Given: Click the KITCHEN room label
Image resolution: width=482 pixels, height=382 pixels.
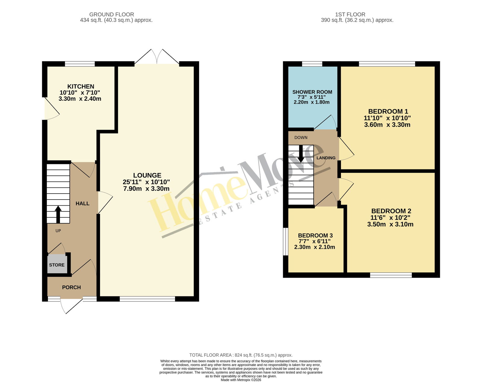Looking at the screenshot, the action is pos(81,86).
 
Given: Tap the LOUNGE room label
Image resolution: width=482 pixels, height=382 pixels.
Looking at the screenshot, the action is pos(147,175).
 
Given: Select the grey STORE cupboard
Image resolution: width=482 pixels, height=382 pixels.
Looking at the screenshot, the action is pos(57,264).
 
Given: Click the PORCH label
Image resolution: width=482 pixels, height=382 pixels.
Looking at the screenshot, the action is pos(71,287).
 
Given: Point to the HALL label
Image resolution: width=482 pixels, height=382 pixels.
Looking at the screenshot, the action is pos(83,204).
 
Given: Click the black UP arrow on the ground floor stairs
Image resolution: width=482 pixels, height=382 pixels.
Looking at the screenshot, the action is pos(58,214).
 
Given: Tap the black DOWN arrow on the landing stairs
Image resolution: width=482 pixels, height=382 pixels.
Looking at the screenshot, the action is pos(301,154).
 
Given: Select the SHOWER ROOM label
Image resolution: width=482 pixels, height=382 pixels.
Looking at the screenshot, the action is pos(312,92).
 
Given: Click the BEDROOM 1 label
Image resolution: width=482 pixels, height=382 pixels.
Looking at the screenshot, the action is pos(388,112).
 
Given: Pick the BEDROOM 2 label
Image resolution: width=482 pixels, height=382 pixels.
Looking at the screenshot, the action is pos(391,211).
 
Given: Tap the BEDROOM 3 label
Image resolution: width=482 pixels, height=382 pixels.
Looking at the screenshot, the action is pos(315,235).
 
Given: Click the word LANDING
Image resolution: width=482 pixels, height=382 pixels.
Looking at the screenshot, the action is pos(326,158).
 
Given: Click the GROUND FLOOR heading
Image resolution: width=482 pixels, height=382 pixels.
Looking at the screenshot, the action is pos(111,14).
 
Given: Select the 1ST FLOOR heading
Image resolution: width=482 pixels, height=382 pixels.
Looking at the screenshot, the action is pos(350,14).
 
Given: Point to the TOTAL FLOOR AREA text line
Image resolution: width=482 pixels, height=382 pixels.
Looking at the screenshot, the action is pos(241,355).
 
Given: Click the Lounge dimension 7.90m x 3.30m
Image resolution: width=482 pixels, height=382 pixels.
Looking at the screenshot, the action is pos(146,188).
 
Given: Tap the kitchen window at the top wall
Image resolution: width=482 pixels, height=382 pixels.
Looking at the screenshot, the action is pos(80,64).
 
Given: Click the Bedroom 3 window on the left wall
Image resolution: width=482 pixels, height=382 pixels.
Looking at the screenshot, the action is pos(286,242).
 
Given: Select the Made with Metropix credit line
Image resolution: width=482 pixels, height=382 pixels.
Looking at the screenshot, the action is pos(241,380).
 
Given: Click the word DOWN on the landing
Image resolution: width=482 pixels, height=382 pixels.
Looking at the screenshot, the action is pos(301,137).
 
